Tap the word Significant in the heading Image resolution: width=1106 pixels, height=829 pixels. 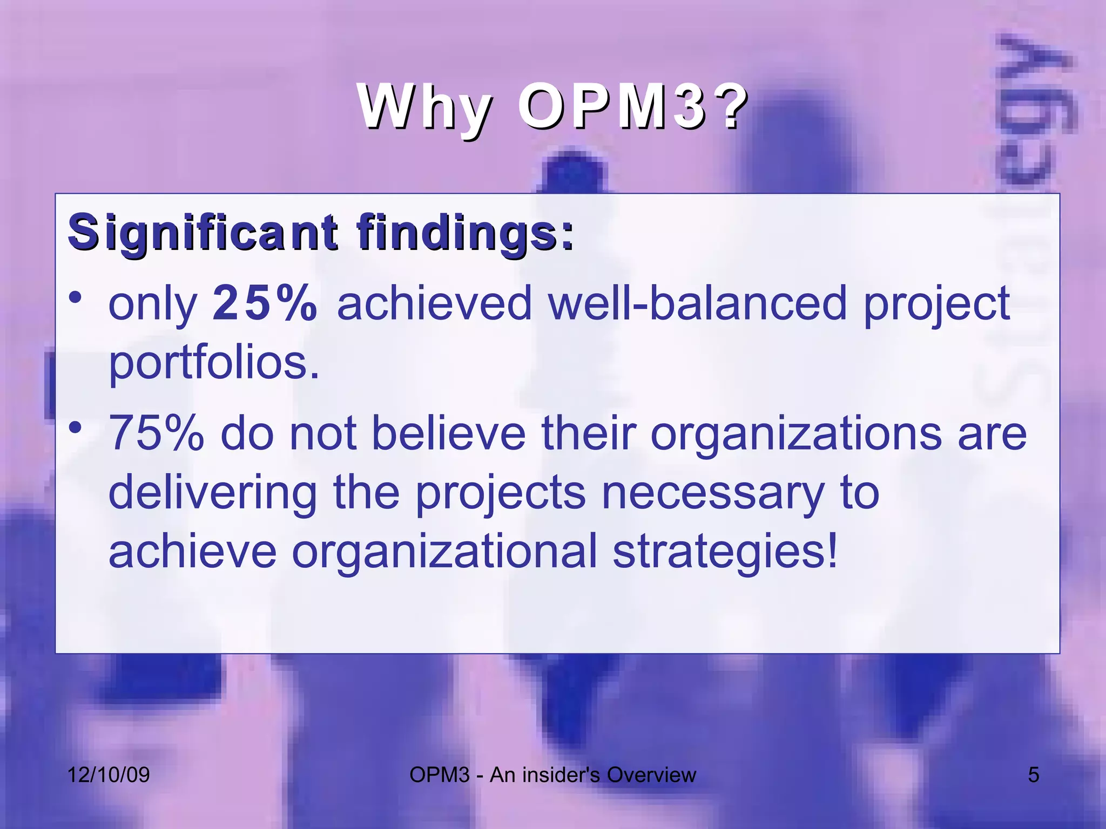(203, 233)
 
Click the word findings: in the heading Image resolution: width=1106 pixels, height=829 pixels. (465, 233)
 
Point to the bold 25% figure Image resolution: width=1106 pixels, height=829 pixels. (265, 303)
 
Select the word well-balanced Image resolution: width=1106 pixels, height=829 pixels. (697, 303)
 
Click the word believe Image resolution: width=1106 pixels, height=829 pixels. (449, 434)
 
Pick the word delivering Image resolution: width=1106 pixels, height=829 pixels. (213, 493)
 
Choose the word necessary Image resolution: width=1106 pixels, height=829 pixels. (713, 493)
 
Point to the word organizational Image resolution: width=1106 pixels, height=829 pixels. (444, 552)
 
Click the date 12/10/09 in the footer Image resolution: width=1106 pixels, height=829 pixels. (109, 775)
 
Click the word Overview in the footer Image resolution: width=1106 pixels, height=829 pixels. (651, 775)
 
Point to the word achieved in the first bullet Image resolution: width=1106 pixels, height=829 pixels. (434, 303)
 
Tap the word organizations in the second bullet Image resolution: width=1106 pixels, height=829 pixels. (796, 434)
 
